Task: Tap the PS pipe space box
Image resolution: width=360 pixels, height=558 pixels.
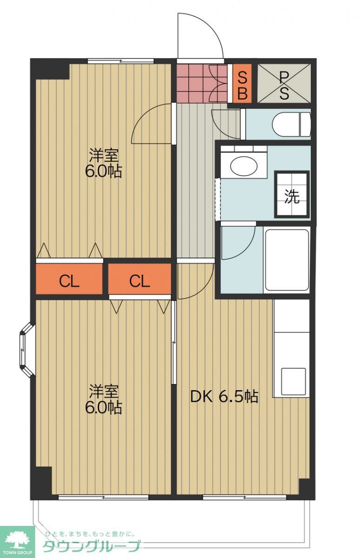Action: pos(284,83)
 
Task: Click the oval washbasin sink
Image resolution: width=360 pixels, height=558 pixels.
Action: pos(244,166)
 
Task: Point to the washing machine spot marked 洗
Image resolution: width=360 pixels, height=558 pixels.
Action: pos(292,194)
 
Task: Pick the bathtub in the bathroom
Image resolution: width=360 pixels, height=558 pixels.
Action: pos(287,260)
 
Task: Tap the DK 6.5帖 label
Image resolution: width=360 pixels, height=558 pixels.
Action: pos(224,396)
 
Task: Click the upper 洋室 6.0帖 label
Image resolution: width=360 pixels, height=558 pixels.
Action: pos(103,163)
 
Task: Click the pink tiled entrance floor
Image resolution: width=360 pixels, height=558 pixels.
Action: pos(202,83)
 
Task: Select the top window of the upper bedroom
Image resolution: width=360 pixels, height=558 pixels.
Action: pos(120,61)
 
